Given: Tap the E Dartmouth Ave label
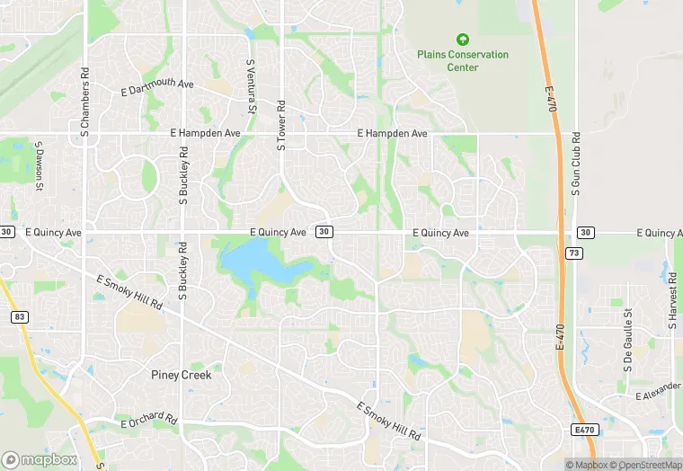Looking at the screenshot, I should pyautogui.click(x=157, y=87).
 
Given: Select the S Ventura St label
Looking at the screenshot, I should pyautogui.click(x=251, y=86).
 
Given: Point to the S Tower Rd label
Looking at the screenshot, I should pyautogui.click(x=280, y=123).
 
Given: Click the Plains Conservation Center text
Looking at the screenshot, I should pyautogui.click(x=463, y=61).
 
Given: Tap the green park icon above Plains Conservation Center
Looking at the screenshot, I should pyautogui.click(x=463, y=40).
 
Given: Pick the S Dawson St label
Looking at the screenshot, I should pyautogui.click(x=39, y=165).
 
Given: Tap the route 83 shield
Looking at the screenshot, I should pyautogui.click(x=20, y=316).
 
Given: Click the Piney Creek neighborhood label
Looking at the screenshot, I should pyautogui.click(x=182, y=375).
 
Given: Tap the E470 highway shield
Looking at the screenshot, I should pyautogui.click(x=584, y=431).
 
